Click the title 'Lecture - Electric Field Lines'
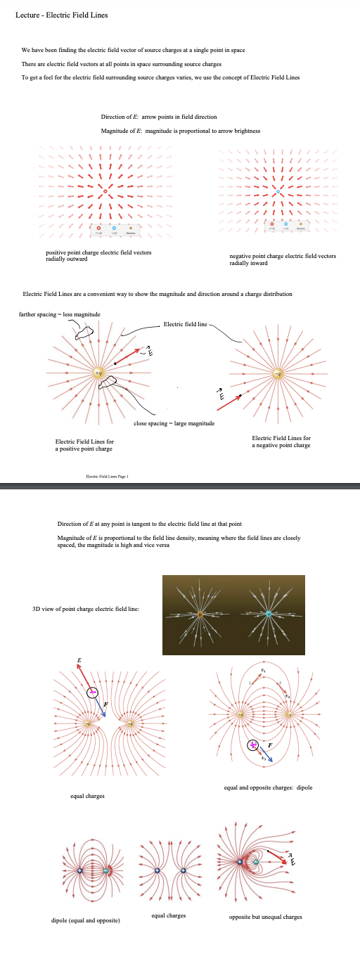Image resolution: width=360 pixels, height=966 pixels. tap(61, 15)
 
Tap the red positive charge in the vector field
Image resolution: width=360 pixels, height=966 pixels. tap(105, 172)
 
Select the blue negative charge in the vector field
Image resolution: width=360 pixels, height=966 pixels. tap(278, 172)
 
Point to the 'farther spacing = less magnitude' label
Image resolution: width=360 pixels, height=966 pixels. tap(59, 314)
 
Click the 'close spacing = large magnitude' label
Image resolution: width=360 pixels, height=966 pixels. tap(174, 423)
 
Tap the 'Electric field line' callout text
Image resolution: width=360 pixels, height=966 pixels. tap(184, 324)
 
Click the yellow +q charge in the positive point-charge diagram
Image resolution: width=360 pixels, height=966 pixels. tap(99, 371)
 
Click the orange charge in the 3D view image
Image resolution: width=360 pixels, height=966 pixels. tap(200, 614)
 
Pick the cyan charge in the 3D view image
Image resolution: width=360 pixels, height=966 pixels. tap(268, 614)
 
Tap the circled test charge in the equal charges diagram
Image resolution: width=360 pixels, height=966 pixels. tap(93, 693)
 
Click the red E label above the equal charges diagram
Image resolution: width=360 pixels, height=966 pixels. tap(79, 660)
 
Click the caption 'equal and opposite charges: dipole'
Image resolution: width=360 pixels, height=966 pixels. tap(268, 787)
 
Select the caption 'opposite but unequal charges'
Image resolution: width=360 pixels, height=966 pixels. tap(265, 917)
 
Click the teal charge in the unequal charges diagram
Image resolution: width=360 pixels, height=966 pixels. tap(256, 862)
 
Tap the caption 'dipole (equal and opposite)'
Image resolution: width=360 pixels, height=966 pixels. tap(86, 920)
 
